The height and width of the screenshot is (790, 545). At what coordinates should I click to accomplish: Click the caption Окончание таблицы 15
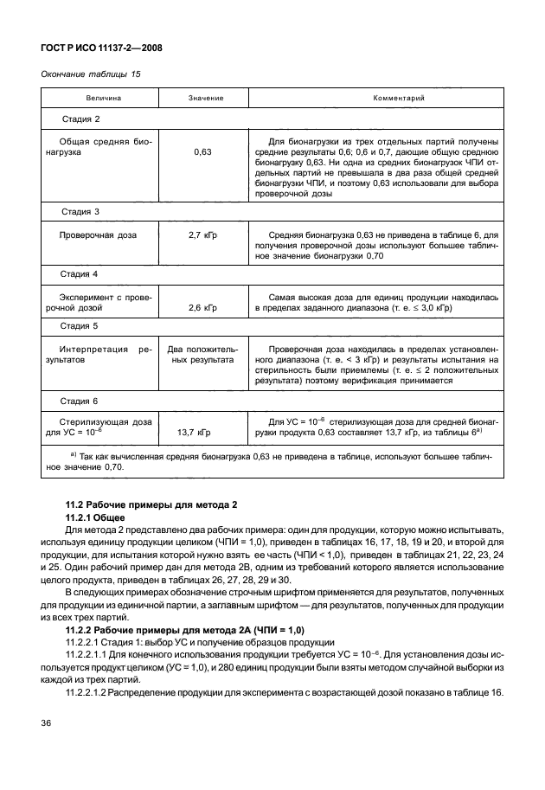click(90, 74)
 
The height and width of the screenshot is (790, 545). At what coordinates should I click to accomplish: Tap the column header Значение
click(206, 100)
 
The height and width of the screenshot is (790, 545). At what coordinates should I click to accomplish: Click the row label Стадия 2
click(80, 119)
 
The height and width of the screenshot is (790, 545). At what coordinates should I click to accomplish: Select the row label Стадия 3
click(80, 211)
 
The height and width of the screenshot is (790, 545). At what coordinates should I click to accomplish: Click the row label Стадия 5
click(80, 326)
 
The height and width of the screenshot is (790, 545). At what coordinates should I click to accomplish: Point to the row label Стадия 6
click(80, 401)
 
